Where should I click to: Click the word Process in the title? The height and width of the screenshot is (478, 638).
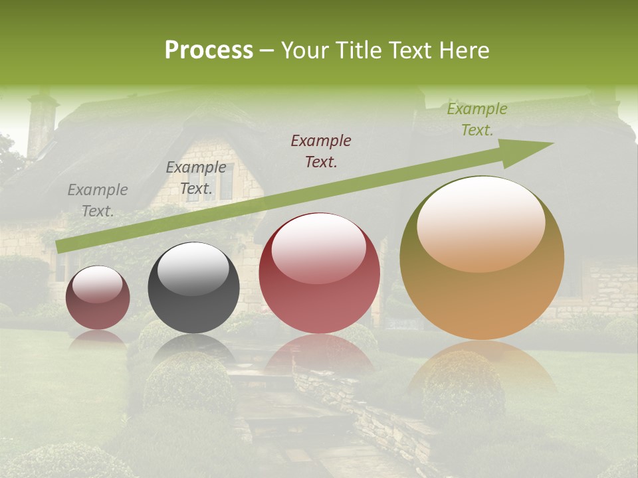(209, 50)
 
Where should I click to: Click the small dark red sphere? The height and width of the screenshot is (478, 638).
(98, 298)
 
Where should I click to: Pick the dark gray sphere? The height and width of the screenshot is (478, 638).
(193, 288)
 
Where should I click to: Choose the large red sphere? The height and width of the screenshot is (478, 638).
(319, 274)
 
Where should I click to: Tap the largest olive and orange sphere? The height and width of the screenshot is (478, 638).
(482, 258)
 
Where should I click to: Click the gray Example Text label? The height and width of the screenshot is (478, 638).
(98, 200)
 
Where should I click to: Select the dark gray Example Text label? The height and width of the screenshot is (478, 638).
(195, 178)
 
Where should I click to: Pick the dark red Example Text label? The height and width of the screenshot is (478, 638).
(321, 151)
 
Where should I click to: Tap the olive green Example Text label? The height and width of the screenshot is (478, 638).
(477, 119)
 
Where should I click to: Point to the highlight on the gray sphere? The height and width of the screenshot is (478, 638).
(193, 268)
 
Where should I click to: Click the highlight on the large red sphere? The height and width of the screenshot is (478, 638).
(318, 248)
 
